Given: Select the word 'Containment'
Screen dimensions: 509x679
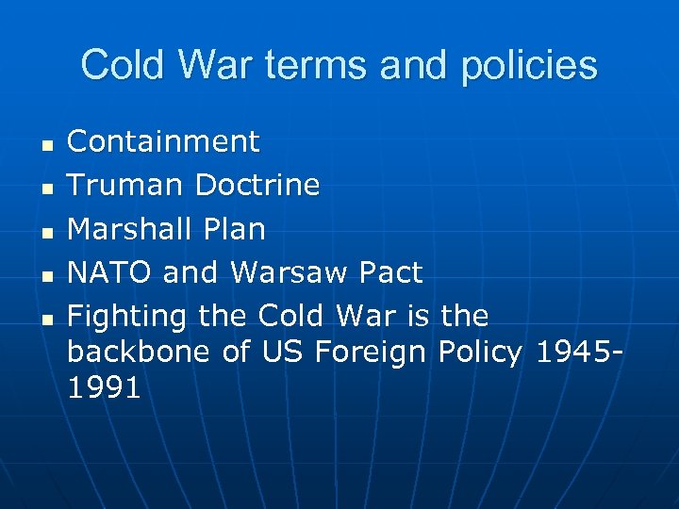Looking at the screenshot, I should click(163, 141).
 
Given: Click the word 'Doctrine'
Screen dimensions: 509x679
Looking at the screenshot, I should click(257, 185).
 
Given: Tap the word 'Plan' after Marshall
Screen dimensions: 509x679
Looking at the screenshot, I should click(237, 229).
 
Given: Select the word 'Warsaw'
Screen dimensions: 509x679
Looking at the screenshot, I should click(290, 273).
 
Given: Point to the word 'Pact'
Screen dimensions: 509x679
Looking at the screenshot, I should click(392, 273).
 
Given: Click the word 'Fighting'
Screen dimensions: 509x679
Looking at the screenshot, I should click(128, 316).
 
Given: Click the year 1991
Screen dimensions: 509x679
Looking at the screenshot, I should click(104, 388).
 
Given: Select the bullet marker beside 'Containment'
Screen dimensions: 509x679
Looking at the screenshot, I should click(44, 144).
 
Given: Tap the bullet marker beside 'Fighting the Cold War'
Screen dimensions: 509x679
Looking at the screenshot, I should click(44, 319).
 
